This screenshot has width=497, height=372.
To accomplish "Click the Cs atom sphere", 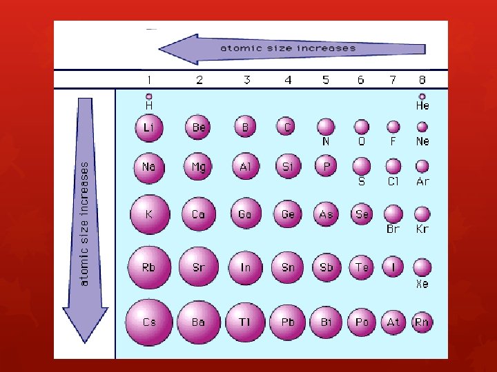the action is [149, 322].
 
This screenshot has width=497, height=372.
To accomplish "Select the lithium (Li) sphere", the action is [149, 128].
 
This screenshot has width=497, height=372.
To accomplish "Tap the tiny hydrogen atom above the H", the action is [149, 96].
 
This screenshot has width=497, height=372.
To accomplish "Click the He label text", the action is [422, 105].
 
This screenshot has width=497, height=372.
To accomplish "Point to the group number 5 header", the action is [326, 80].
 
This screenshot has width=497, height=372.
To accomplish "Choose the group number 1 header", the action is [149, 80].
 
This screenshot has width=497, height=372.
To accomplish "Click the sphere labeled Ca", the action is [199, 214].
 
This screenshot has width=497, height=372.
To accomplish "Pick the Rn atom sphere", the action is [422, 322].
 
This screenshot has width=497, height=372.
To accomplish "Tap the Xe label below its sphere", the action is [422, 283].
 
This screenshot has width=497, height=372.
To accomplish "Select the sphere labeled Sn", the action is [287, 267].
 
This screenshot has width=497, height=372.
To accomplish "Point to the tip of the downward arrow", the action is [85, 343].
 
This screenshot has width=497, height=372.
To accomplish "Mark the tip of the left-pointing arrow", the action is [159, 49].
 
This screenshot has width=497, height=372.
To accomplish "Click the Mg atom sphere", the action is [198, 167].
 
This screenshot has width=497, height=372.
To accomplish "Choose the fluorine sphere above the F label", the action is [393, 127].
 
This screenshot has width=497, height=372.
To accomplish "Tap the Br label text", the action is [393, 229].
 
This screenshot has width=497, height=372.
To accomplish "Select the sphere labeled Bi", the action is [326, 322].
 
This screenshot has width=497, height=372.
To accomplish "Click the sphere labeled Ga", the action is [246, 214].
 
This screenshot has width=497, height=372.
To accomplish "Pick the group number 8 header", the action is [422, 80].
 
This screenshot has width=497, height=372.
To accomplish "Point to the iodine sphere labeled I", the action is [393, 267].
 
